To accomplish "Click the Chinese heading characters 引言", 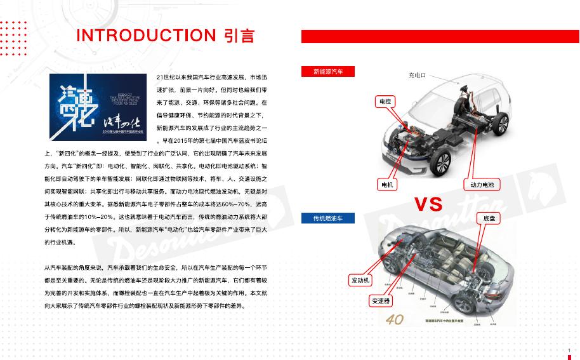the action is pyautogui.click(x=239, y=36).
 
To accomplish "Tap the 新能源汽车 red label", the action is pyautogui.click(x=327, y=72).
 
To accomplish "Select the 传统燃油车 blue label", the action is pyautogui.click(x=327, y=218).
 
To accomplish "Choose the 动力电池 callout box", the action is pyautogui.click(x=482, y=185).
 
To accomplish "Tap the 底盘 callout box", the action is pyautogui.click(x=489, y=218).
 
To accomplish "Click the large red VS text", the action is pyautogui.click(x=428, y=204).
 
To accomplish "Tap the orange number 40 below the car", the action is pyautogui.click(x=394, y=319).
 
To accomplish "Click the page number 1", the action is pyautogui.click(x=569, y=350).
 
